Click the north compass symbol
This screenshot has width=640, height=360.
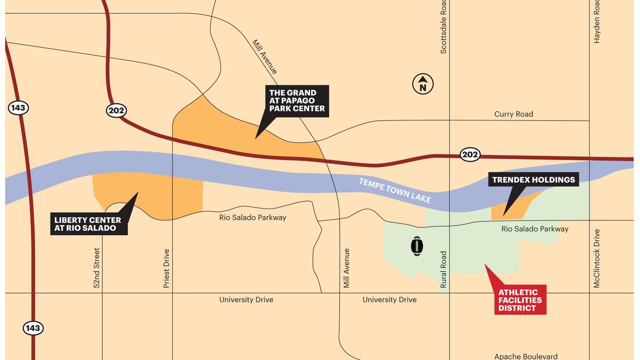click(x=423, y=84)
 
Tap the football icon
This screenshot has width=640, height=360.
click(x=417, y=246)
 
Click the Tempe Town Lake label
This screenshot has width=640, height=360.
click(x=395, y=190)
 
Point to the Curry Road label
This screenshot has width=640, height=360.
click(x=513, y=114)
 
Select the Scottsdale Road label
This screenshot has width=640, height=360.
click(x=443, y=27)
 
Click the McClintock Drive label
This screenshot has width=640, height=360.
click(x=597, y=259)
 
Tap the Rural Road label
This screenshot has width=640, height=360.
click(x=443, y=270)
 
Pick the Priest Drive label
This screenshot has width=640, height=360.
click(x=166, y=269)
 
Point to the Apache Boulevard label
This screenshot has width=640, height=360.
click(x=526, y=356)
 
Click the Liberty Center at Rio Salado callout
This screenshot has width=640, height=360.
click(x=87, y=224)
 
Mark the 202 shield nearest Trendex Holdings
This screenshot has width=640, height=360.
click(x=470, y=155)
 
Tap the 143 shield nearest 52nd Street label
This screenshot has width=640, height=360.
click(x=33, y=328)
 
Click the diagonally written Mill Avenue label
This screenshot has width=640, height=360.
click(x=265, y=55)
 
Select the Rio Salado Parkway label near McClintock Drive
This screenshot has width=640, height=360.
click(x=534, y=229)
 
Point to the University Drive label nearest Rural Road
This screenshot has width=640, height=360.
click(x=389, y=300)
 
